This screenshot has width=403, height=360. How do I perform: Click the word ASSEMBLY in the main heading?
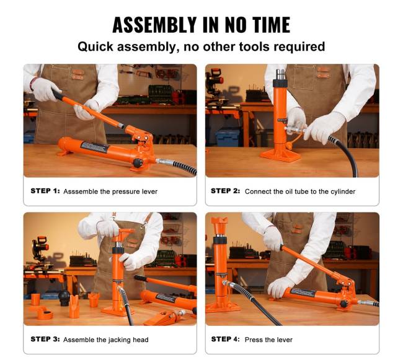[154, 25]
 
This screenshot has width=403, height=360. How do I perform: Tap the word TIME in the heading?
[271, 25]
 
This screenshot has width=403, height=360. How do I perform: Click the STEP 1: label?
[45, 191]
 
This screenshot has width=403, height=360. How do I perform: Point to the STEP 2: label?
[226, 191]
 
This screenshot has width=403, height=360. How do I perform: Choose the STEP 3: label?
[45, 339]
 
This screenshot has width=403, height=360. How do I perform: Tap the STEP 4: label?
[226, 339]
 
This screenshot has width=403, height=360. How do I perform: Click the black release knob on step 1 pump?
[138, 163]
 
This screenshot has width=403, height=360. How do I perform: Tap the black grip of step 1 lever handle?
[57, 94]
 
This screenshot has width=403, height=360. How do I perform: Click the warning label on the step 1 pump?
[94, 147]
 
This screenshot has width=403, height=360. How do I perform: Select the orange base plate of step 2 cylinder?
[280, 156]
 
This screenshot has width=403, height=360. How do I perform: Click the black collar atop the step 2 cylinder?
[280, 83]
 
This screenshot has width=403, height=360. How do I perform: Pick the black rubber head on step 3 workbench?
[64, 297]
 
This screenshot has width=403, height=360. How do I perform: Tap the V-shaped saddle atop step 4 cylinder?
[219, 221]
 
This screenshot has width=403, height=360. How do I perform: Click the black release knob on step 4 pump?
[343, 304]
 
